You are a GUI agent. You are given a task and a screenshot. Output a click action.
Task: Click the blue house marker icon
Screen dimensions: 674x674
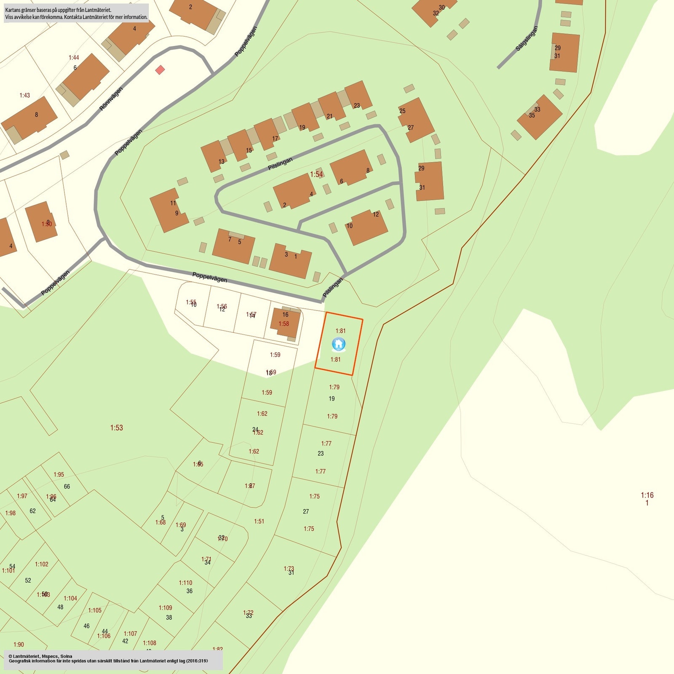tap(339, 344)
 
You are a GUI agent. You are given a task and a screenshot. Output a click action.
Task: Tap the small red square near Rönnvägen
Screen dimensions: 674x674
tap(160, 70)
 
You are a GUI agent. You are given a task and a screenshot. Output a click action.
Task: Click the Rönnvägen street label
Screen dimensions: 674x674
tap(111, 99)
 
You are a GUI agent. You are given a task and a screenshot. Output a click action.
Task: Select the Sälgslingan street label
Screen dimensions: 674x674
tap(527, 39)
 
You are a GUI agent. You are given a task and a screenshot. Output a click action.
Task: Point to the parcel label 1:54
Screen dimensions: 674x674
tap(316, 174)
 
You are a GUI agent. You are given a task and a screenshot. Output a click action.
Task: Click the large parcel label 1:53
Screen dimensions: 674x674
tap(117, 428)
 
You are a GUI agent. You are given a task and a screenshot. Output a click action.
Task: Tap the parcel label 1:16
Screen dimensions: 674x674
tap(647, 495)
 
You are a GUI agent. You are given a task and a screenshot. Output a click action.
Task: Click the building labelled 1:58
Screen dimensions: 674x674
tap(285, 323)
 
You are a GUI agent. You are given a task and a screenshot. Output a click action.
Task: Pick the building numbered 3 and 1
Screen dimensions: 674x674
tap(290, 260)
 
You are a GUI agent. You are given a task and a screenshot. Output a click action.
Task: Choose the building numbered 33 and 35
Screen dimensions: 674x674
tap(539, 117)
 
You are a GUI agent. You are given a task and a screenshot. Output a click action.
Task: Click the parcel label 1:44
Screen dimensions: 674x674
tap(74, 58)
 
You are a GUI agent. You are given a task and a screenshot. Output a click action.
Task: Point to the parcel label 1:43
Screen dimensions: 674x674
tap(25, 96)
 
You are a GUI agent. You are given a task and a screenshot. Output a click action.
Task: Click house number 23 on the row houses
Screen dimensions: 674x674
tap(357, 105)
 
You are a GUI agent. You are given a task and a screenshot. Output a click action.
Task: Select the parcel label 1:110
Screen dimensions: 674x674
tap(185, 583)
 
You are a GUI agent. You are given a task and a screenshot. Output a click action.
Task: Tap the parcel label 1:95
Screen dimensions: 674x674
tap(59, 475)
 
